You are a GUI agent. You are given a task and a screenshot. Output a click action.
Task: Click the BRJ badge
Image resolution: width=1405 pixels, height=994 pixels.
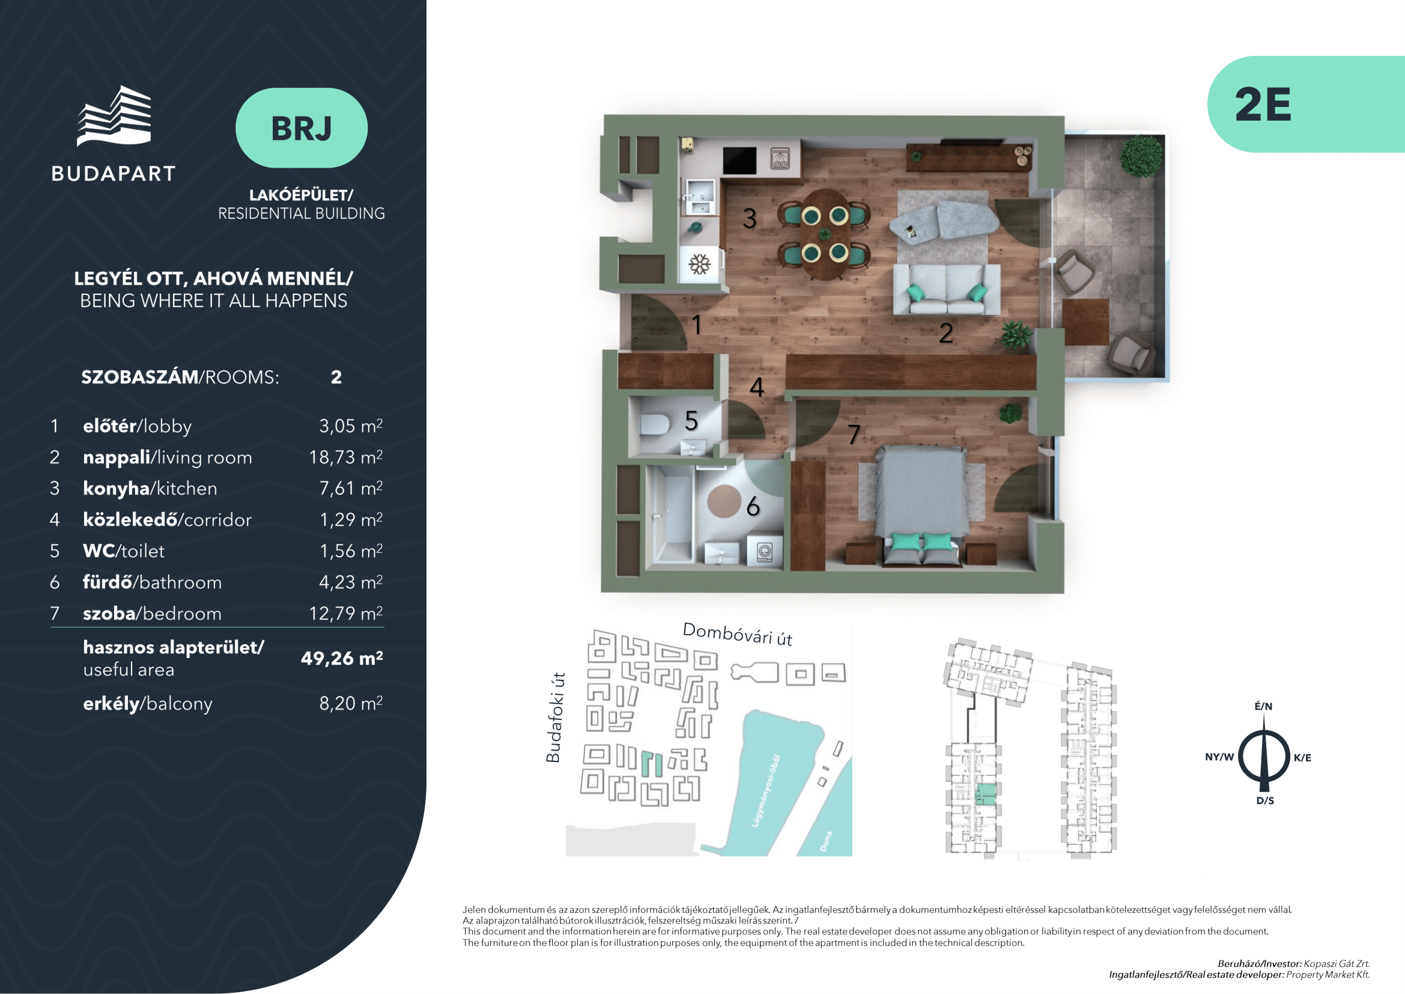301,128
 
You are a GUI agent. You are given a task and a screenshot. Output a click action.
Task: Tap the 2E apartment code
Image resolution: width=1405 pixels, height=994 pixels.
1263,105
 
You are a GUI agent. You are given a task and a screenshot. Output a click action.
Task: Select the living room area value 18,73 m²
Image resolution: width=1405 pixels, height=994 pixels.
346,457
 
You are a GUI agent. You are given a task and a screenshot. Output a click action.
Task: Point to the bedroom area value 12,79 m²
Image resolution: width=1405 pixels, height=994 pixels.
346,614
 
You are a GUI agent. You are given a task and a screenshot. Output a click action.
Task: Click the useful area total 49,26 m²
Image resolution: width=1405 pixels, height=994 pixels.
342,658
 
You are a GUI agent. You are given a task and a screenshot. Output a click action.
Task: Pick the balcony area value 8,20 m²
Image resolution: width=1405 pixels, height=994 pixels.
351,703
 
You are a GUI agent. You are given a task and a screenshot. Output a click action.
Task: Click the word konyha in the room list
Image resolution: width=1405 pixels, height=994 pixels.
117,489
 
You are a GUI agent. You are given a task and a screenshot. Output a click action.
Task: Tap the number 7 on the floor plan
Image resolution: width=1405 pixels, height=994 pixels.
854,434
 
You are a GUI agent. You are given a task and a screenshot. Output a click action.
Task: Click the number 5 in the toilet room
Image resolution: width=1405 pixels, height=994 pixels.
691,421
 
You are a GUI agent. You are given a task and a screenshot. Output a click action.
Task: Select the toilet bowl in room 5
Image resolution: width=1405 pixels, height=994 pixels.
654,424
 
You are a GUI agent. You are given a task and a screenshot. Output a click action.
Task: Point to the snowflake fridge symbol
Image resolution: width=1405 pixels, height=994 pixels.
699,264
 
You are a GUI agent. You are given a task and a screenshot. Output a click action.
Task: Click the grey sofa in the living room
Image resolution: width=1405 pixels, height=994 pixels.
947,289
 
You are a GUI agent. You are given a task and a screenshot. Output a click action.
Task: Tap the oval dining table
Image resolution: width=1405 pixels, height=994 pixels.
825,234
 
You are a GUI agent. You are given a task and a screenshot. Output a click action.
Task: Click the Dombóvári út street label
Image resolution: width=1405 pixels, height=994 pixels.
738,634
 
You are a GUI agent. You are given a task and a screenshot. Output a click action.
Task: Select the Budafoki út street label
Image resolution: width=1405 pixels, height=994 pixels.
554,718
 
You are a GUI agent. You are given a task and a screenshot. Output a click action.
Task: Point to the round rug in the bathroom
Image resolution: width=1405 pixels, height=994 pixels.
724,501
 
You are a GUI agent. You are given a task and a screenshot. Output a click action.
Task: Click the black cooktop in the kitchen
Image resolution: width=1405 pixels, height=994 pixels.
739,160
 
